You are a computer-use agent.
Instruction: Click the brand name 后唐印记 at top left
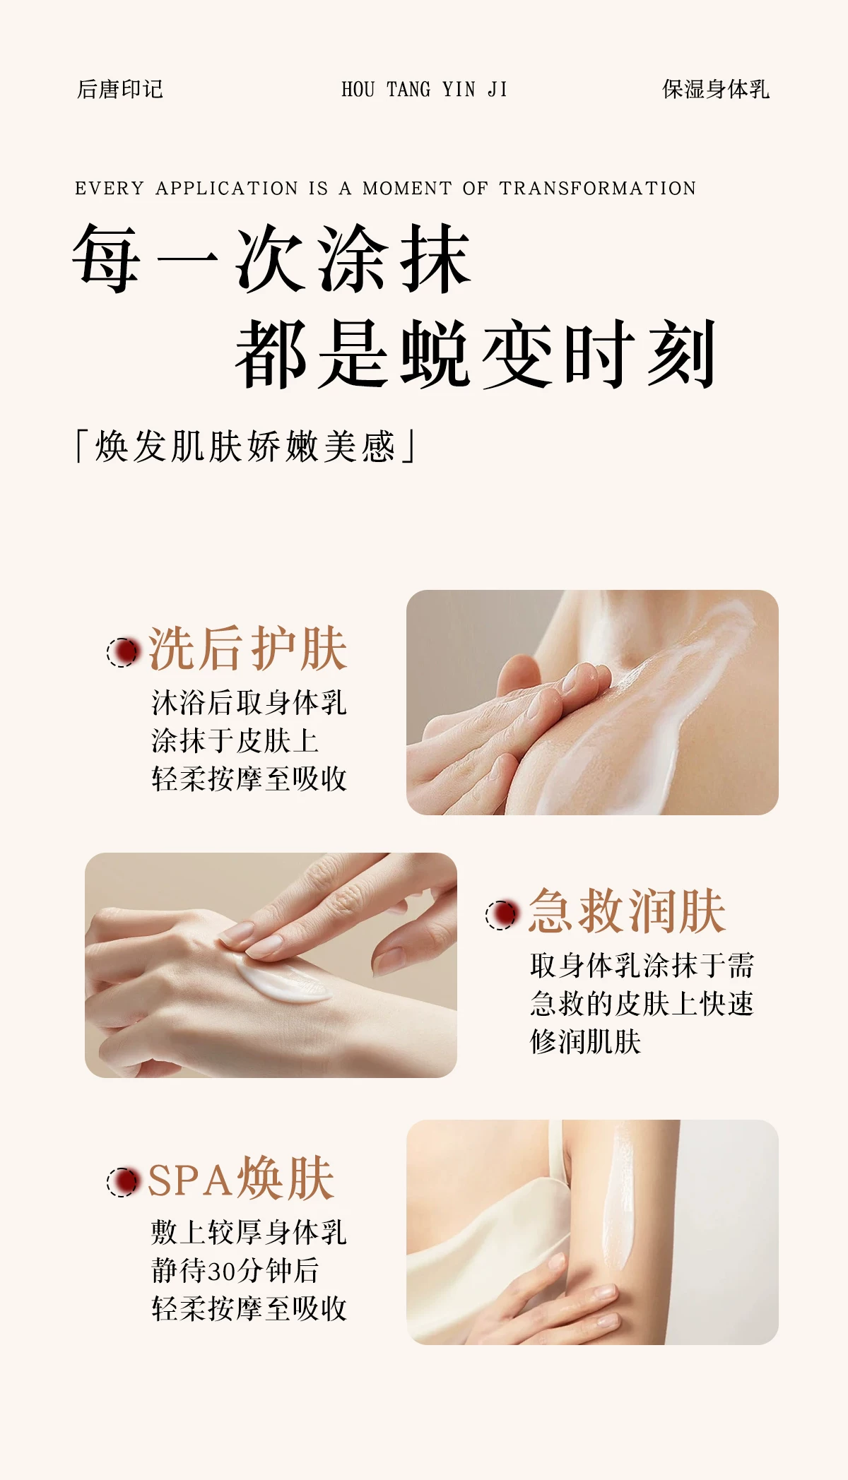coord(120,89)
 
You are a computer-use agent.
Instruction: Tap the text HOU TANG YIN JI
coord(424,89)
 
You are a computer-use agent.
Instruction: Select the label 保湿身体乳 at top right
coord(716,89)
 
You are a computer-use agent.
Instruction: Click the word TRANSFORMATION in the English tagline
coord(598,189)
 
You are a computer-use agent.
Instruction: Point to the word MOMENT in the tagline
coord(407,189)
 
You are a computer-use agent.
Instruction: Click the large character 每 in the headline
coord(107,258)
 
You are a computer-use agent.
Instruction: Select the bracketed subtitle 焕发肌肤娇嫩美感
coord(245,446)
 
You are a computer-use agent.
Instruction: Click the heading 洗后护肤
coord(248,649)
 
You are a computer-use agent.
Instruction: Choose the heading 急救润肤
coord(627,911)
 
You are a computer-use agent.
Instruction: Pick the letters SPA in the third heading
coord(190,1180)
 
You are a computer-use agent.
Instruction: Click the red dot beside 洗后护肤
coord(123,651)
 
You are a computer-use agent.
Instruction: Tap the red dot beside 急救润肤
coord(502,914)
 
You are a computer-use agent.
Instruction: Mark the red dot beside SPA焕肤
coord(123,1180)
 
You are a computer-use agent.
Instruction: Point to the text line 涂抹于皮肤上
coord(235,741)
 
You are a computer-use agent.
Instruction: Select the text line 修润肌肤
coord(586,1042)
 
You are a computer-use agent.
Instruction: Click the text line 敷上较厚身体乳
coord(249,1232)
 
